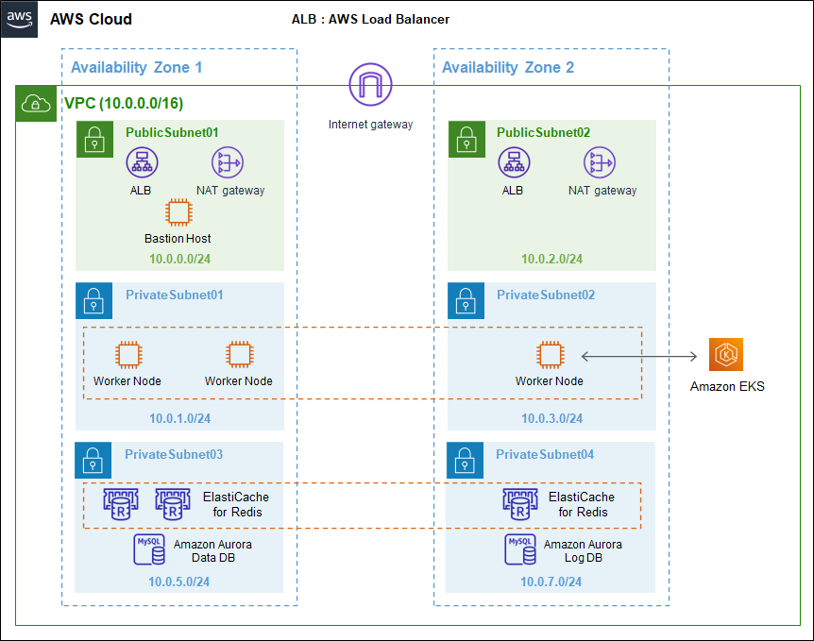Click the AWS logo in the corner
coord(20,19)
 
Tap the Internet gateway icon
coord(370,85)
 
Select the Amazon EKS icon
coord(726,355)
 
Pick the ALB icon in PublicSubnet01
coord(142,162)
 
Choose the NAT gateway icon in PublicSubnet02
coord(601,162)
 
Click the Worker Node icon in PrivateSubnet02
coord(549,355)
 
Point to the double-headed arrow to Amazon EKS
coord(639,356)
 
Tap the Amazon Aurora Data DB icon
coord(150,551)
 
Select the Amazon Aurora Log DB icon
coord(521,551)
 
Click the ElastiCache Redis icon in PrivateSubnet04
coord(521,504)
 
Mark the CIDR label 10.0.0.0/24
coord(179,259)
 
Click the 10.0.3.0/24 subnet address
coord(551,418)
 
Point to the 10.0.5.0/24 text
coord(179,581)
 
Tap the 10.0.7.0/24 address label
coord(551,581)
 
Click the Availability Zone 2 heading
coord(508,67)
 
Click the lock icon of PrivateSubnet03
coord(93,460)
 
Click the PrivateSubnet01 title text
coord(174,295)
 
